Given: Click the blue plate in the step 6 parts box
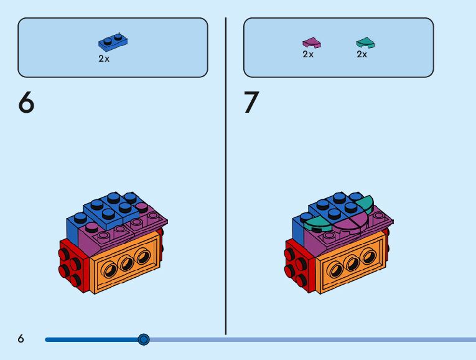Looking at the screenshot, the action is click(x=113, y=42).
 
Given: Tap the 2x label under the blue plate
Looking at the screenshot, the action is click(x=104, y=59).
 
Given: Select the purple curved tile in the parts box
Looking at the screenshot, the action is click(x=311, y=42).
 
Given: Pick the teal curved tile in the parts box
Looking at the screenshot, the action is click(x=365, y=42).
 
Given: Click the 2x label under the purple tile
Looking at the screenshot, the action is click(x=308, y=54).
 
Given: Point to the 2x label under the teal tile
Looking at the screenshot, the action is click(x=362, y=54).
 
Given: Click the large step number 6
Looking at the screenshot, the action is click(x=26, y=103).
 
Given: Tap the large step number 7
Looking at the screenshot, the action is click(x=251, y=103).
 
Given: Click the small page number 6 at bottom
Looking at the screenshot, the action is click(x=21, y=339).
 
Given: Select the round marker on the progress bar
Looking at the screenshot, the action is click(x=144, y=339).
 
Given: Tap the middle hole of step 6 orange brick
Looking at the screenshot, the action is click(x=127, y=263).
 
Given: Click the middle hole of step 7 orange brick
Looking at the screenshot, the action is click(x=352, y=263).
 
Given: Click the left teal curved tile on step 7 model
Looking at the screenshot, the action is click(x=317, y=219).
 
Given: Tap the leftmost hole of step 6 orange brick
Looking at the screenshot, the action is click(x=110, y=269).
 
